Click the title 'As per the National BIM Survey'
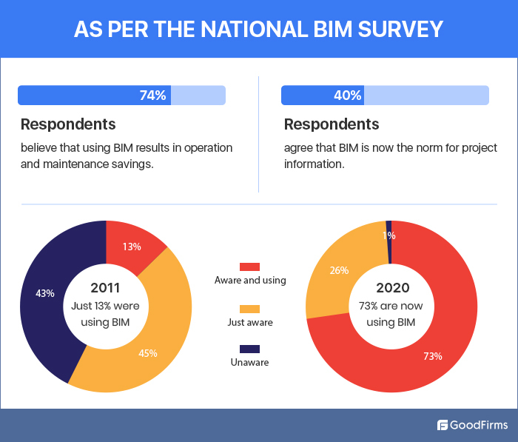[x=259, y=29]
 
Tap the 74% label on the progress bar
[x=152, y=95]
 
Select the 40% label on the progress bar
[x=347, y=95]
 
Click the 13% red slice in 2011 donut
[x=132, y=247]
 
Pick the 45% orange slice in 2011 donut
[x=148, y=352]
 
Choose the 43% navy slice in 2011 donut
[x=45, y=293]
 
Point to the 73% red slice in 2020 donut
[x=433, y=355]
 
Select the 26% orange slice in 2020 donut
[x=339, y=270]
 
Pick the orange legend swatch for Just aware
[x=249, y=308]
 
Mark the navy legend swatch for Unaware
[x=249, y=349]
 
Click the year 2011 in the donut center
[x=106, y=287]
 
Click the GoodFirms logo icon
[x=443, y=425]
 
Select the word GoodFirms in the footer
[x=478, y=425]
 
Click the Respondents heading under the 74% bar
[x=68, y=124]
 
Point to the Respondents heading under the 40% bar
[x=332, y=124]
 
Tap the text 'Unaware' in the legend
[x=249, y=363]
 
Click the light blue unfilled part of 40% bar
[x=425, y=95]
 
